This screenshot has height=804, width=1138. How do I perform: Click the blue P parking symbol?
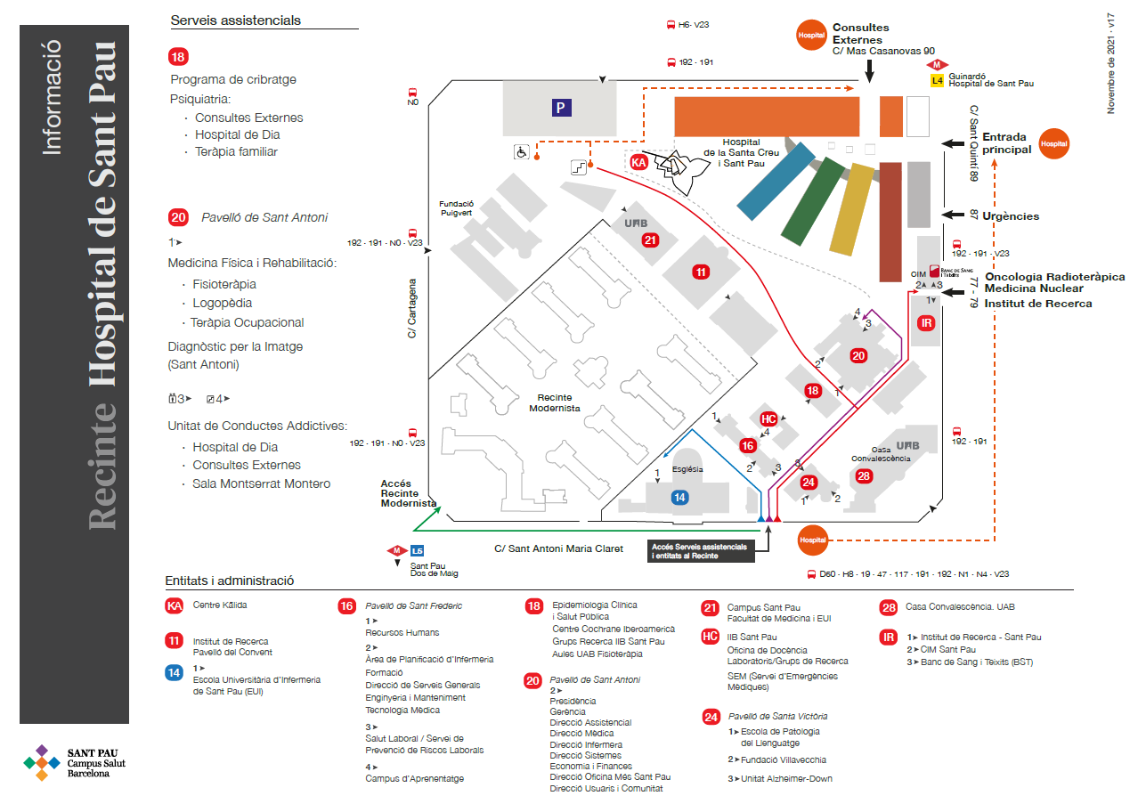click(x=560, y=109)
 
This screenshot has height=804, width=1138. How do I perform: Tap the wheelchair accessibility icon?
click(x=521, y=151)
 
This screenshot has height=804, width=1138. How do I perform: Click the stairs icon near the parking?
click(x=581, y=166)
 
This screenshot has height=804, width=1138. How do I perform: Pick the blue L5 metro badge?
click(x=417, y=550)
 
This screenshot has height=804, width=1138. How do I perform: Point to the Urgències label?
click(x=1011, y=216)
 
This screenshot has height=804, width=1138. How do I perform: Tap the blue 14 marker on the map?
click(x=679, y=498)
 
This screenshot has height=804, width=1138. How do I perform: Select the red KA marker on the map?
click(x=638, y=163)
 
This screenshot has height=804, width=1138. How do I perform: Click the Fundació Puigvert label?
click(x=456, y=207)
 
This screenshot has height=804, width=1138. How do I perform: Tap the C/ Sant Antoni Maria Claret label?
click(x=559, y=548)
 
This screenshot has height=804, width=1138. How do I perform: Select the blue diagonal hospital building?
click(x=776, y=181)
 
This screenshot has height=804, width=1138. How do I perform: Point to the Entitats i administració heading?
click(x=229, y=581)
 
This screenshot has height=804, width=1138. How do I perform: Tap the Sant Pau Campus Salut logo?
click(x=75, y=762)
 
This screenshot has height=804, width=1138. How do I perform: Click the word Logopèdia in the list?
click(x=223, y=304)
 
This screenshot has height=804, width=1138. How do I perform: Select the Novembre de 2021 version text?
click(x=1110, y=62)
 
